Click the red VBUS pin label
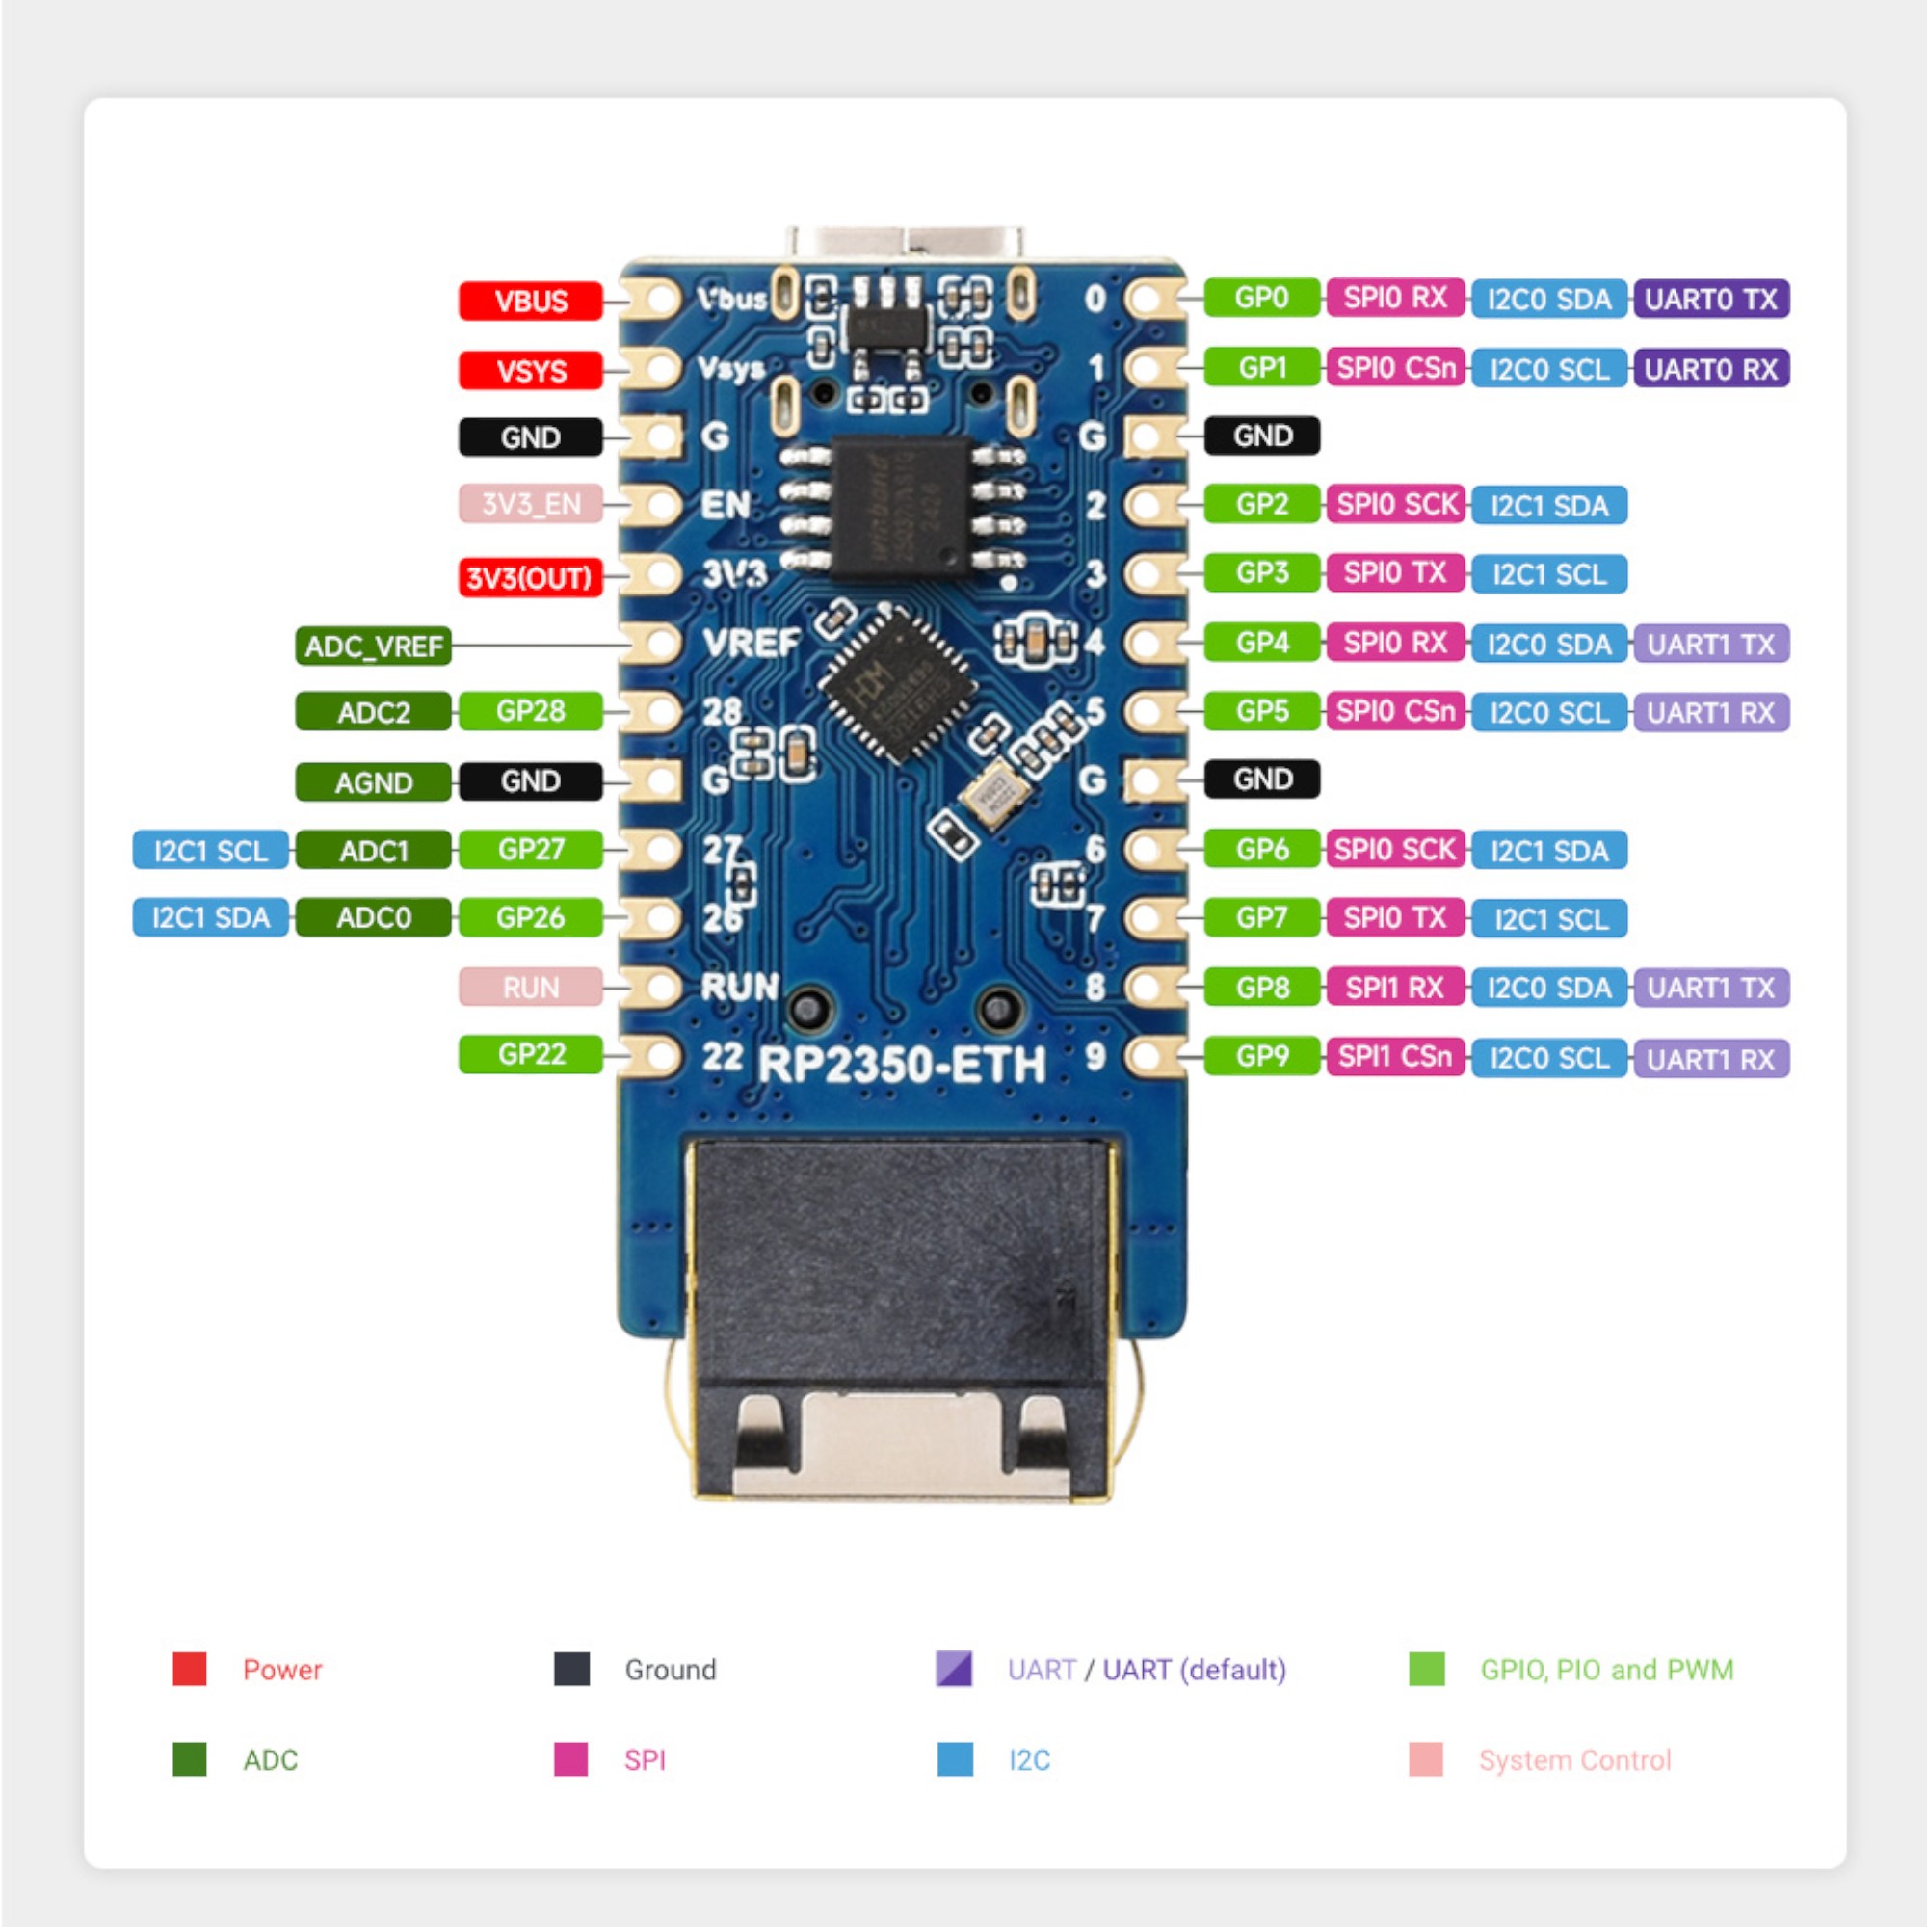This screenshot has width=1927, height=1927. point(530,302)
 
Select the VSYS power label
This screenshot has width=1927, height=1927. point(530,371)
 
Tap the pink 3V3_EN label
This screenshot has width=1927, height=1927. point(530,504)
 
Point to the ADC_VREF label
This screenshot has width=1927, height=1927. point(373,647)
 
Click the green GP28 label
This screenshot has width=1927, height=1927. point(530,711)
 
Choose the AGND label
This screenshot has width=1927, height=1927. point(373,783)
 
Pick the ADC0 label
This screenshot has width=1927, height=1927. point(373,917)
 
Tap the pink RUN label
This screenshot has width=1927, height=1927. point(530,988)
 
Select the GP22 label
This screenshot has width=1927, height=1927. point(530,1054)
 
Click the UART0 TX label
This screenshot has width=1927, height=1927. point(1709,300)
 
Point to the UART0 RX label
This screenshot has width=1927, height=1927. point(1709,369)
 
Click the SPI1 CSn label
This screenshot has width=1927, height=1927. point(1394,1056)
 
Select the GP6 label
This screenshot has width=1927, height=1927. point(1262,849)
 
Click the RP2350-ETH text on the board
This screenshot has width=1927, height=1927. point(902,1066)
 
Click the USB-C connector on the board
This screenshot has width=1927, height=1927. point(905,243)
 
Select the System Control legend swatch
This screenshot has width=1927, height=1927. point(1425,1759)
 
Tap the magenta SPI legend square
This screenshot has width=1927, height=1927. point(570,1759)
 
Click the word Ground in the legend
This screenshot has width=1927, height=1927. point(671,1670)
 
